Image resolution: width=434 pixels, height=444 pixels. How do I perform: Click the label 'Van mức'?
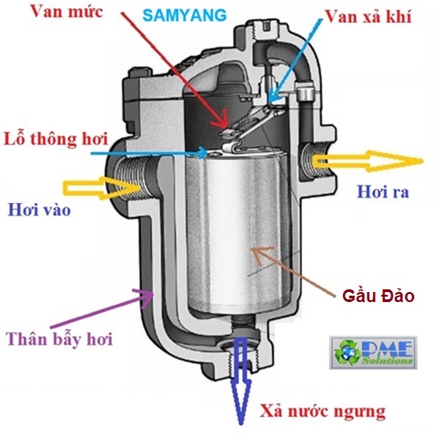[x=66, y=12]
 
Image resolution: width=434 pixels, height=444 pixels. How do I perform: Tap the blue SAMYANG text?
[x=185, y=15]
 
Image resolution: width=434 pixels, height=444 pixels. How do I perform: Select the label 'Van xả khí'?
[x=368, y=16]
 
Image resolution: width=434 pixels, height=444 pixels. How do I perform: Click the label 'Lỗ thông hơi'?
[x=56, y=139]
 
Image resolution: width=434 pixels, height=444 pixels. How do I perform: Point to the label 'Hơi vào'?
[x=39, y=209]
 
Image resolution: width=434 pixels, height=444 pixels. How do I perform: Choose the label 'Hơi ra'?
[x=383, y=191]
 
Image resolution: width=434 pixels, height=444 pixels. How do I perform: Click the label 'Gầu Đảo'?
[x=378, y=296]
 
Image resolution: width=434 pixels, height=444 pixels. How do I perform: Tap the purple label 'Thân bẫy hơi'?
[x=60, y=338]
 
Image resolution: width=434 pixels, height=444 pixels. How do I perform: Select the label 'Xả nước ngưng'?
[x=322, y=412]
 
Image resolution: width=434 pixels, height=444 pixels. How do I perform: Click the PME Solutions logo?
[x=373, y=352]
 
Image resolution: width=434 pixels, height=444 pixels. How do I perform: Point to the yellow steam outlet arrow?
[x=367, y=161]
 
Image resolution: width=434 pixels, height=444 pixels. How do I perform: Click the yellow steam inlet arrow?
[x=102, y=188]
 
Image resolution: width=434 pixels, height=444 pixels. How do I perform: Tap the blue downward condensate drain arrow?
[x=241, y=380]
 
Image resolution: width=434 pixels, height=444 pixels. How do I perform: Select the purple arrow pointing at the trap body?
[x=102, y=308]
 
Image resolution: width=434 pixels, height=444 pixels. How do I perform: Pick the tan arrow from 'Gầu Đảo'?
[x=294, y=270]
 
